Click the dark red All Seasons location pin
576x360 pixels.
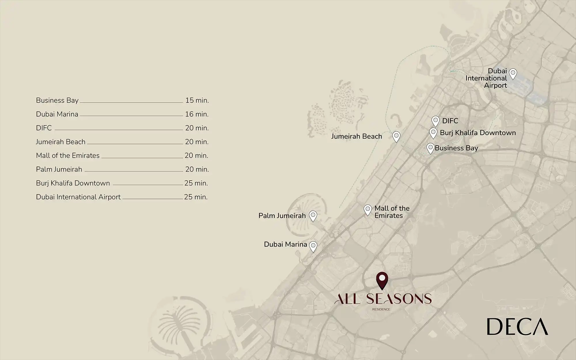click(382, 280)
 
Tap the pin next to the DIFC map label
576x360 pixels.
click(435, 121)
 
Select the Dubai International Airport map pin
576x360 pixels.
click(513, 74)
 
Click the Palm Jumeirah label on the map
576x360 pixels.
click(282, 216)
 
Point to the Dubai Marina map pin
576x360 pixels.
click(313, 246)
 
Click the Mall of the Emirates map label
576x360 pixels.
click(392, 212)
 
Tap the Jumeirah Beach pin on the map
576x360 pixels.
click(396, 136)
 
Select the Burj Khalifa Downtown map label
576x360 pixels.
click(478, 133)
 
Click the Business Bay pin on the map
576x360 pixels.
click(430, 148)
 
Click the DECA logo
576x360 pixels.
click(517, 327)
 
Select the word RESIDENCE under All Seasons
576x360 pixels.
click(381, 309)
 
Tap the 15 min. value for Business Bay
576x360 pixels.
click(197, 101)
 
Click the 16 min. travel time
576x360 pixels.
click(197, 114)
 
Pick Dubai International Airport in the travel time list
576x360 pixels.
click(78, 197)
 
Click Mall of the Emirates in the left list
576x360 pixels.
click(68, 156)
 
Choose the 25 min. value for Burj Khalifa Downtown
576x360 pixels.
click(196, 183)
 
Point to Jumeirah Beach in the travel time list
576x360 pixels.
click(61, 142)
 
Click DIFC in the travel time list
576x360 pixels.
click(44, 128)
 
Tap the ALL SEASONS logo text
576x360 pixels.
click(383, 299)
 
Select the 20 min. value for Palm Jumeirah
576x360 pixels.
click(197, 169)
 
